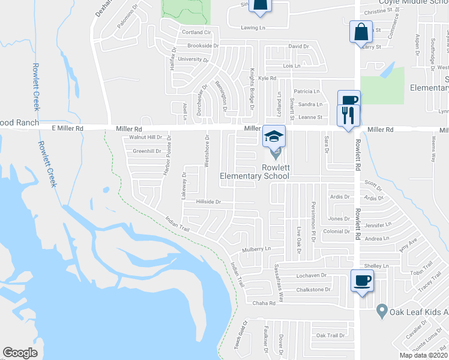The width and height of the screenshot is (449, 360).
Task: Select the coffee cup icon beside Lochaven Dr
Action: coord(362,281)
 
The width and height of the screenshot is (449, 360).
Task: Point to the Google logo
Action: coord(20,353)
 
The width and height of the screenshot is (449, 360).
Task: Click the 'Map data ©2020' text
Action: coord(424,355)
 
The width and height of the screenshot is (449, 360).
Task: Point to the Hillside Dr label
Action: coord(209,202)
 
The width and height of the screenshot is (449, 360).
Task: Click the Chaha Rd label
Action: coord(264,303)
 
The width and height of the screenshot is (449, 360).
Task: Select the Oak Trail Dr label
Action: coord(331,335)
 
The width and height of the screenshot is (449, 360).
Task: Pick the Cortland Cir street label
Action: coord(197,32)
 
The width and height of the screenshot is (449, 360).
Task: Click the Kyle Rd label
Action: coord(267,78)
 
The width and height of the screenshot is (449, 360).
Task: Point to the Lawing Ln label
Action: coord(253,28)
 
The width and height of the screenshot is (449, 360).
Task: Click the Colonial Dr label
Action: coord(336,232)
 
